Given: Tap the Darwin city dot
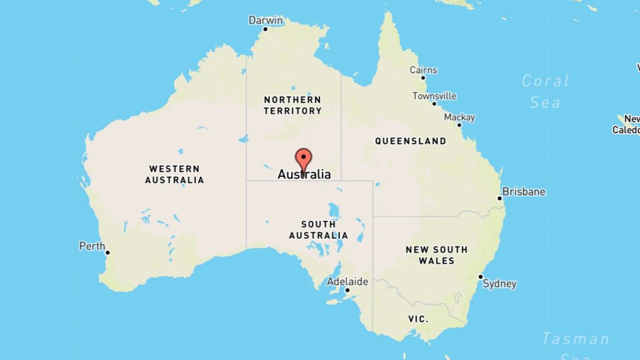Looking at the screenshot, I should point(265,29).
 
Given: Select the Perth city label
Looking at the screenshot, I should point(92,246).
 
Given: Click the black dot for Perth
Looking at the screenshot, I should point(107,252).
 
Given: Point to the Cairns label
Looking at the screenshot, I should point(423,70).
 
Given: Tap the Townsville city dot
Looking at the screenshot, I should point(434,103).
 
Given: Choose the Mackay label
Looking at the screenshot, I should point(459,117).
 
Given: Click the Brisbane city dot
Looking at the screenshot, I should point(499,199).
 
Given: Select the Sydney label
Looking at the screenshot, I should point(501,284).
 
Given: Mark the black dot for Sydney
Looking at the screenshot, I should point(481,277).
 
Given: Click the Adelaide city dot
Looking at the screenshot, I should point(347,290).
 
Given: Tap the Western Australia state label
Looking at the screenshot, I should point(174,174).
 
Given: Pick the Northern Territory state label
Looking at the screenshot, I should point(292,105).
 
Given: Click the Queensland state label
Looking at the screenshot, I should point(411,141).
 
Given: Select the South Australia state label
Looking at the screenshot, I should point(318,230).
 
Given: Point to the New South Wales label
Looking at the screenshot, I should point(436,255).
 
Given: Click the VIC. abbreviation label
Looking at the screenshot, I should point(418,319).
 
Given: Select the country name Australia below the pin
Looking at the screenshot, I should point(304,175).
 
